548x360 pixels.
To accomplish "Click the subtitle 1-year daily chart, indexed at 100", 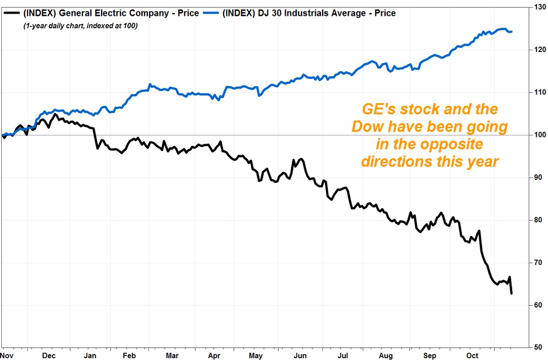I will point(80,26).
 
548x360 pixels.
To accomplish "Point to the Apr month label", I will point(215,355).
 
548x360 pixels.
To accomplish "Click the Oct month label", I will point(473,355).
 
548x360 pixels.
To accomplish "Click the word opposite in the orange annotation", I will point(449,145).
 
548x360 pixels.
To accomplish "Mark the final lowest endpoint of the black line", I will point(511,293).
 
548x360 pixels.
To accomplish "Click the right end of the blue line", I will point(511,31).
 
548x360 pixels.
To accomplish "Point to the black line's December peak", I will point(55,114).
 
